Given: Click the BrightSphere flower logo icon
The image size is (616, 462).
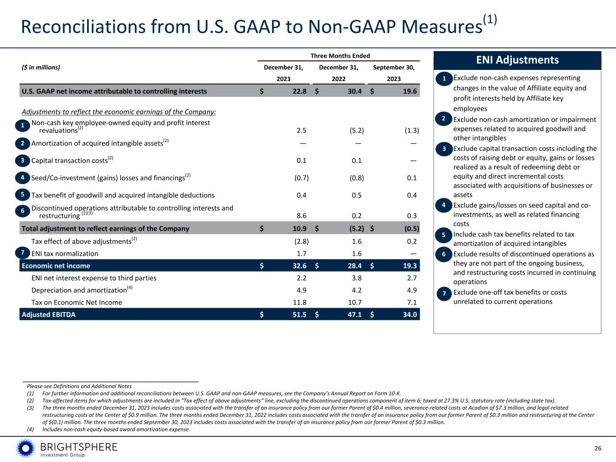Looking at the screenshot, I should pos(26,448).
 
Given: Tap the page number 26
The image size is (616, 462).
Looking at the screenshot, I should pos(598,448).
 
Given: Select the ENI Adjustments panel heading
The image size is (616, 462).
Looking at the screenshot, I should pos(517,60).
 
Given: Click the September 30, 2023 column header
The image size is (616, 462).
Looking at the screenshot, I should pos(394,73).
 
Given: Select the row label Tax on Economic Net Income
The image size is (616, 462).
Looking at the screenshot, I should pos(77,302).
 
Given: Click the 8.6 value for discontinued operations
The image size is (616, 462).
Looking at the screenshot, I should pos(301,216).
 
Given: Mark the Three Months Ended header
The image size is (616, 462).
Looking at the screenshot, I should pos(340,56).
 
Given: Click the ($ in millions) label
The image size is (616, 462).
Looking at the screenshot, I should pos(41,68).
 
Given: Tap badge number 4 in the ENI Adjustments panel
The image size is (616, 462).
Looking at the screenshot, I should pos(444,206).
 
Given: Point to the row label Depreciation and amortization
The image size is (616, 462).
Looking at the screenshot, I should pos(79,290).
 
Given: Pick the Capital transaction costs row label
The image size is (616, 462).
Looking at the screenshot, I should pos(69,161).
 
